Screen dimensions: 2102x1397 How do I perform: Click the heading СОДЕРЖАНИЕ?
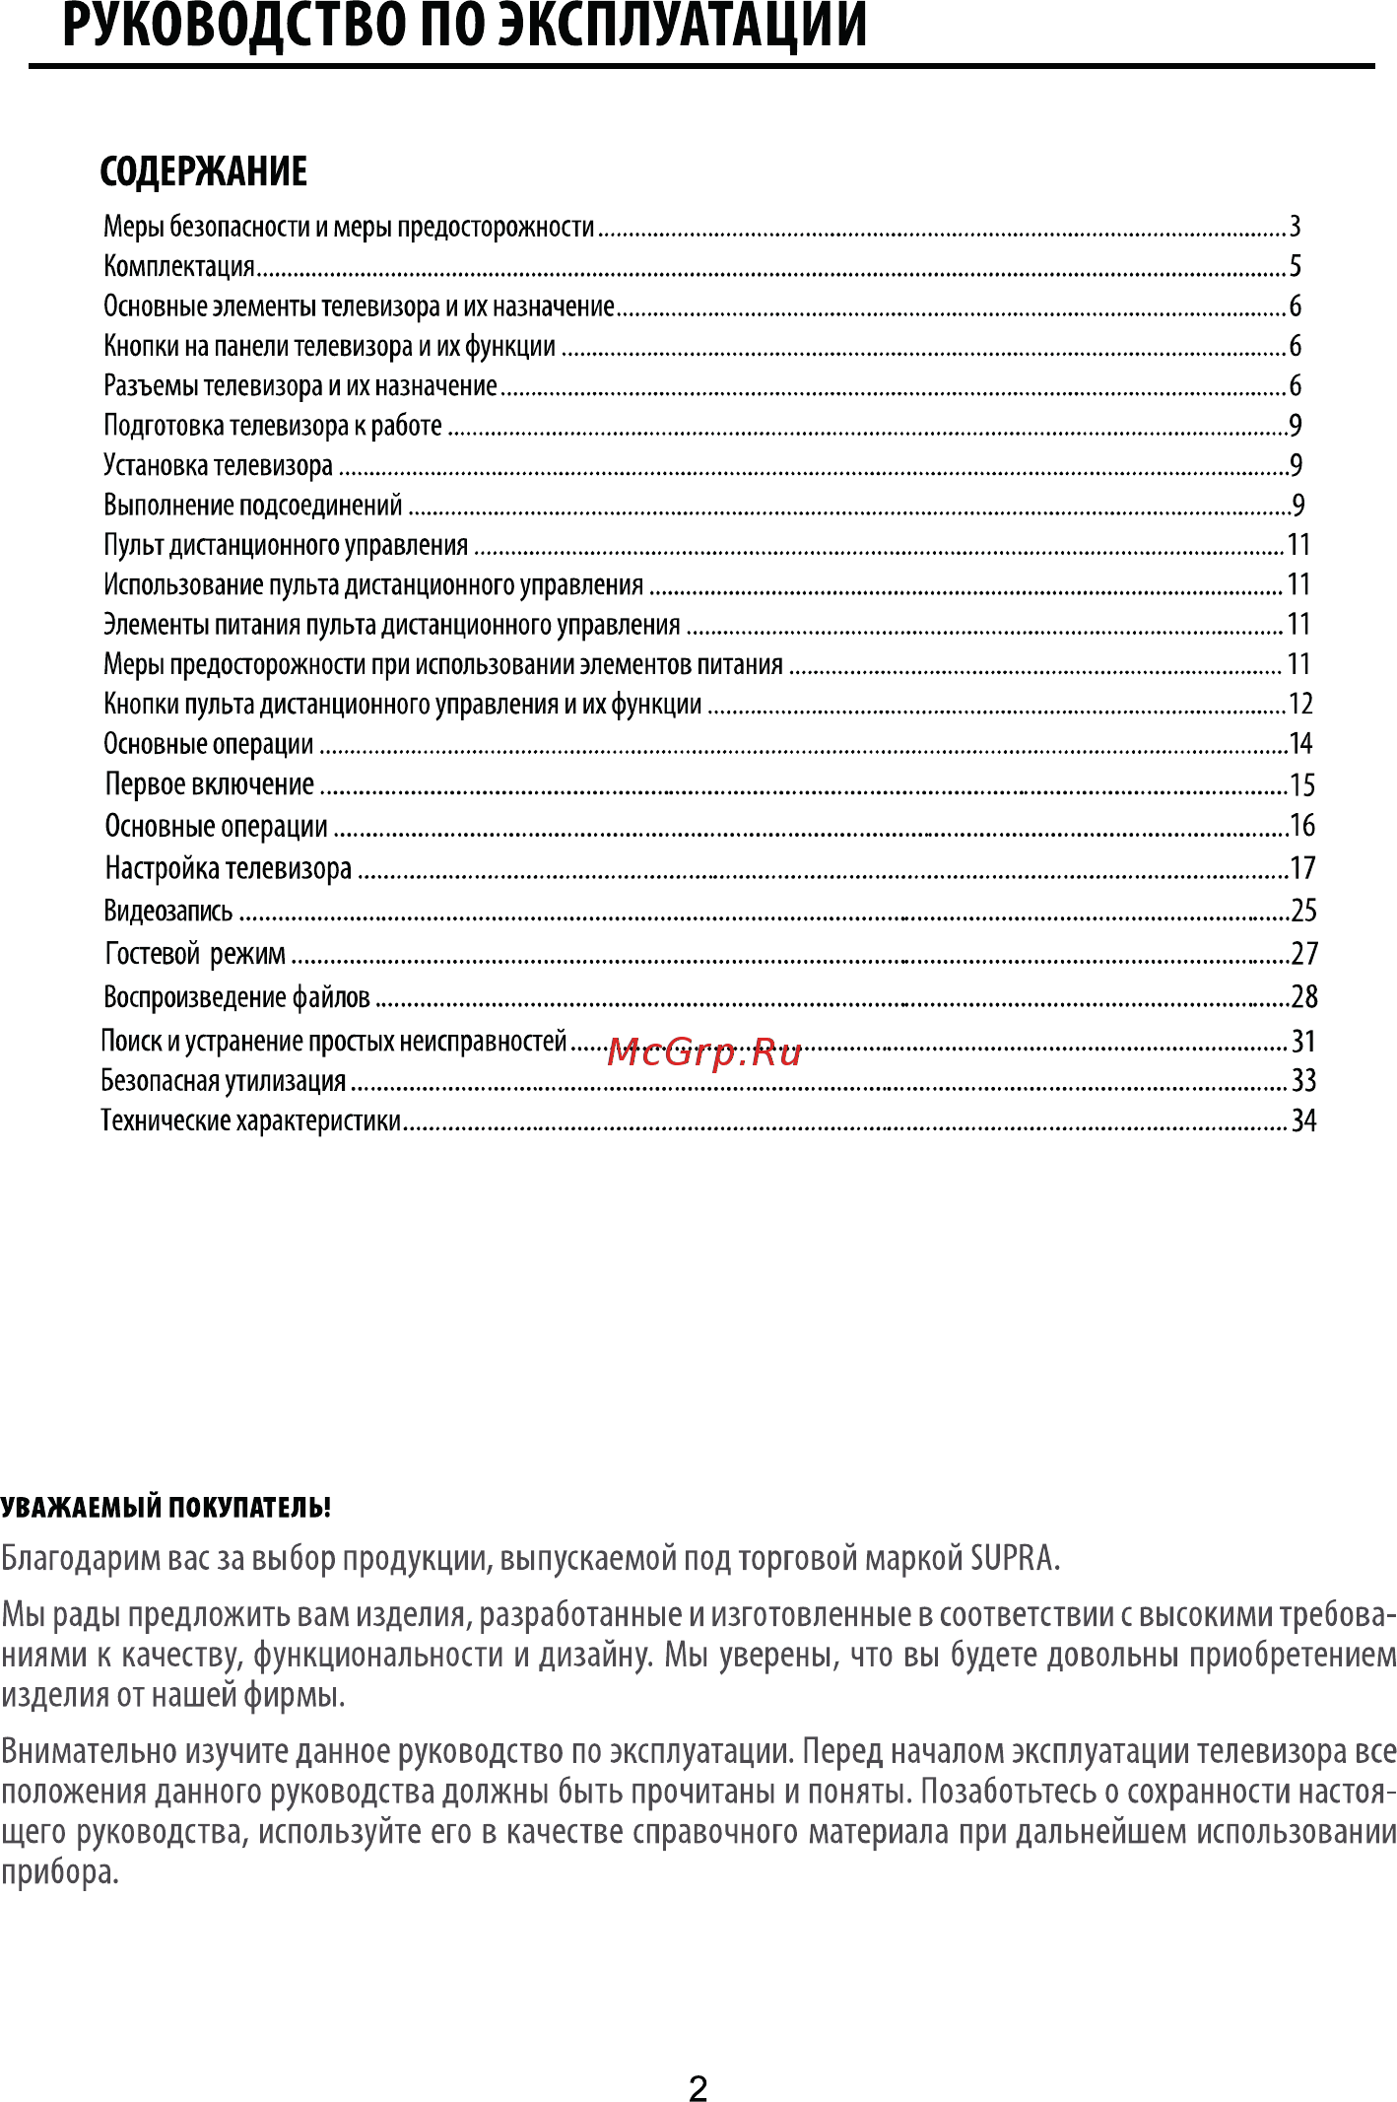(204, 171)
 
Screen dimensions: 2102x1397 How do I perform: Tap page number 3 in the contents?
(1296, 227)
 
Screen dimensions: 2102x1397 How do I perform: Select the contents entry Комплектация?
(179, 266)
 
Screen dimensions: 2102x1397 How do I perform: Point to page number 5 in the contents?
(1296, 266)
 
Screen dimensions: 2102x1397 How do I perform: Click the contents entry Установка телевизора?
(219, 465)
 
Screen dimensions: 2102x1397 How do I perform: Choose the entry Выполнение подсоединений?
(253, 506)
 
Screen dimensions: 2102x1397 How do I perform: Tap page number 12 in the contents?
(1300, 704)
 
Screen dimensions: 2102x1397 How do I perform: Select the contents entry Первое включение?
(210, 784)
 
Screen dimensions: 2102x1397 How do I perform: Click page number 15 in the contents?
(1302, 785)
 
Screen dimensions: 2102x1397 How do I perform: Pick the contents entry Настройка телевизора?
(229, 868)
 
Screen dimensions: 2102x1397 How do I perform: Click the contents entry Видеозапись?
(168, 911)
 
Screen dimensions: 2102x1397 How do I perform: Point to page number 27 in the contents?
(1304, 954)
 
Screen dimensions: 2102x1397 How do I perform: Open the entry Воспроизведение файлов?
(237, 997)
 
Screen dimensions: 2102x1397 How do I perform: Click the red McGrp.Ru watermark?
(703, 1052)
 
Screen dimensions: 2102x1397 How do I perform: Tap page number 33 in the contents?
(1304, 1081)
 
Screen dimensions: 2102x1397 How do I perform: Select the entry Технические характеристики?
(251, 1120)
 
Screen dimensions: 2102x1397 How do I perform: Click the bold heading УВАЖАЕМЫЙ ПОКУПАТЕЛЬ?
(166, 1508)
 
